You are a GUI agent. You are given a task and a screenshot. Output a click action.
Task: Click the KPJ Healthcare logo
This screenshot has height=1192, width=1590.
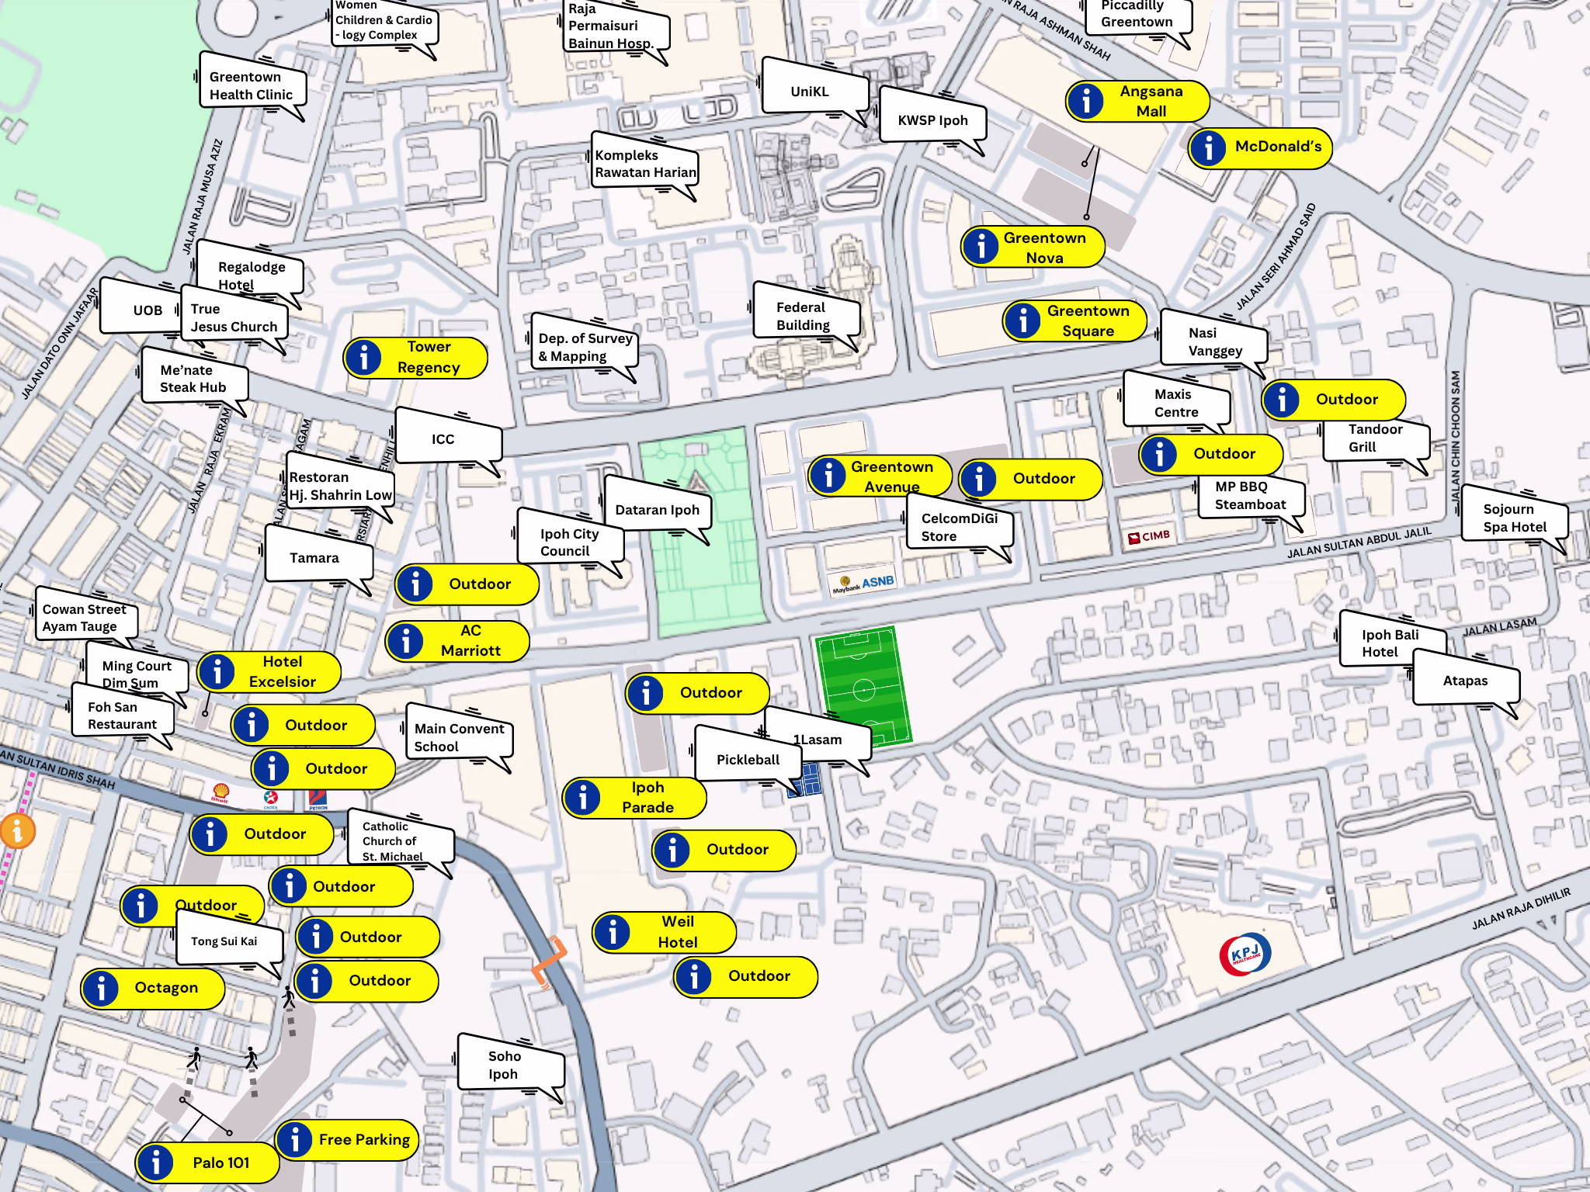(x=1245, y=954)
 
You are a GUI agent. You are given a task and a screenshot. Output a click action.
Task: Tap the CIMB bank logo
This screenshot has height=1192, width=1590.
(x=1149, y=536)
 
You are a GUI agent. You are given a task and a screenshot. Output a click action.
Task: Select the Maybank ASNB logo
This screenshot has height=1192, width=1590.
(x=863, y=584)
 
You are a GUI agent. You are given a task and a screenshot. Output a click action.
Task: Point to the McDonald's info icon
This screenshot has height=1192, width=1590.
(x=1209, y=147)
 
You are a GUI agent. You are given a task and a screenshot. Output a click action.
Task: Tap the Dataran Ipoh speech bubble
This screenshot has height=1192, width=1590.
(x=656, y=510)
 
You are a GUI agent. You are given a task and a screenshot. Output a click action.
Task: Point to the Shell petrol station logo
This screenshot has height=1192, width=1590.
(x=220, y=792)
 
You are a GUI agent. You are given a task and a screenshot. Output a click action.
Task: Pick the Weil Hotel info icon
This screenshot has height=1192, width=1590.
(x=613, y=932)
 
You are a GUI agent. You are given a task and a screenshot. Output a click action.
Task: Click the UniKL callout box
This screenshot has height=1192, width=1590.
(x=810, y=92)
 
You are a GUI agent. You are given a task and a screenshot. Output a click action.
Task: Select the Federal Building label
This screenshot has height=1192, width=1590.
(x=804, y=316)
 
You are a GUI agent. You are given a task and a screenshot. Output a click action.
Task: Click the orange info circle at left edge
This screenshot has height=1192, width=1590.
(x=17, y=831)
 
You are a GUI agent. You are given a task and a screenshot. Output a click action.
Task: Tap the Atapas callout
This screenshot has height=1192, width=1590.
(x=1464, y=681)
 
